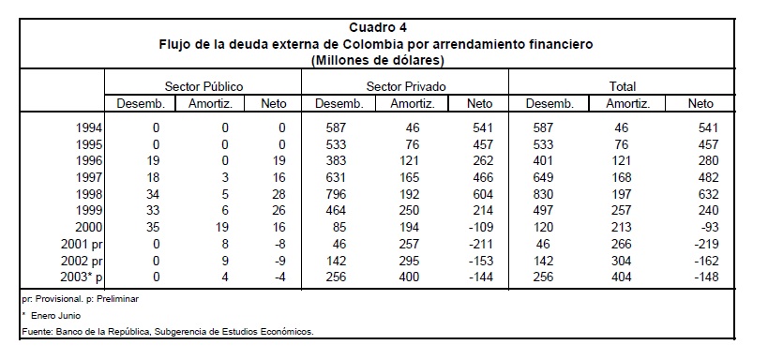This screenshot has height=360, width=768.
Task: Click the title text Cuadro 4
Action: (x=378, y=27)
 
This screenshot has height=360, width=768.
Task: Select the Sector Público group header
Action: (x=203, y=87)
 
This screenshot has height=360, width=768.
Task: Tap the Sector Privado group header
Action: (x=406, y=87)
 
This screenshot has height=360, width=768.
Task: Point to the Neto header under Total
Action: (x=700, y=104)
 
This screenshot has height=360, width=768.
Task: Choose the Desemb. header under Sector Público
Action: (x=141, y=104)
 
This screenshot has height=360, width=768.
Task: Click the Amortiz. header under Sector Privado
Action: (x=412, y=104)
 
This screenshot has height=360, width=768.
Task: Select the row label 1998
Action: (x=89, y=194)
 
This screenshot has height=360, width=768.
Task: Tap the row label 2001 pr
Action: (x=82, y=244)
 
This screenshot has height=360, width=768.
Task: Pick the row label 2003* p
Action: (x=82, y=277)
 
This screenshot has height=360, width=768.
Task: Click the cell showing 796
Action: (x=336, y=194)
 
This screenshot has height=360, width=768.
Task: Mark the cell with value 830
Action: (x=543, y=194)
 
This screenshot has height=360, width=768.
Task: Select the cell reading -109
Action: (x=480, y=227)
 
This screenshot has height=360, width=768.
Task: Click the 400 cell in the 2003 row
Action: (x=409, y=277)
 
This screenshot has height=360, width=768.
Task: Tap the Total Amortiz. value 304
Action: (x=621, y=261)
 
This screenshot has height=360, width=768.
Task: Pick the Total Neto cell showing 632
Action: (x=708, y=194)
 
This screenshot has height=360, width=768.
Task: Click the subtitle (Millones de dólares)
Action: (x=377, y=61)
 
